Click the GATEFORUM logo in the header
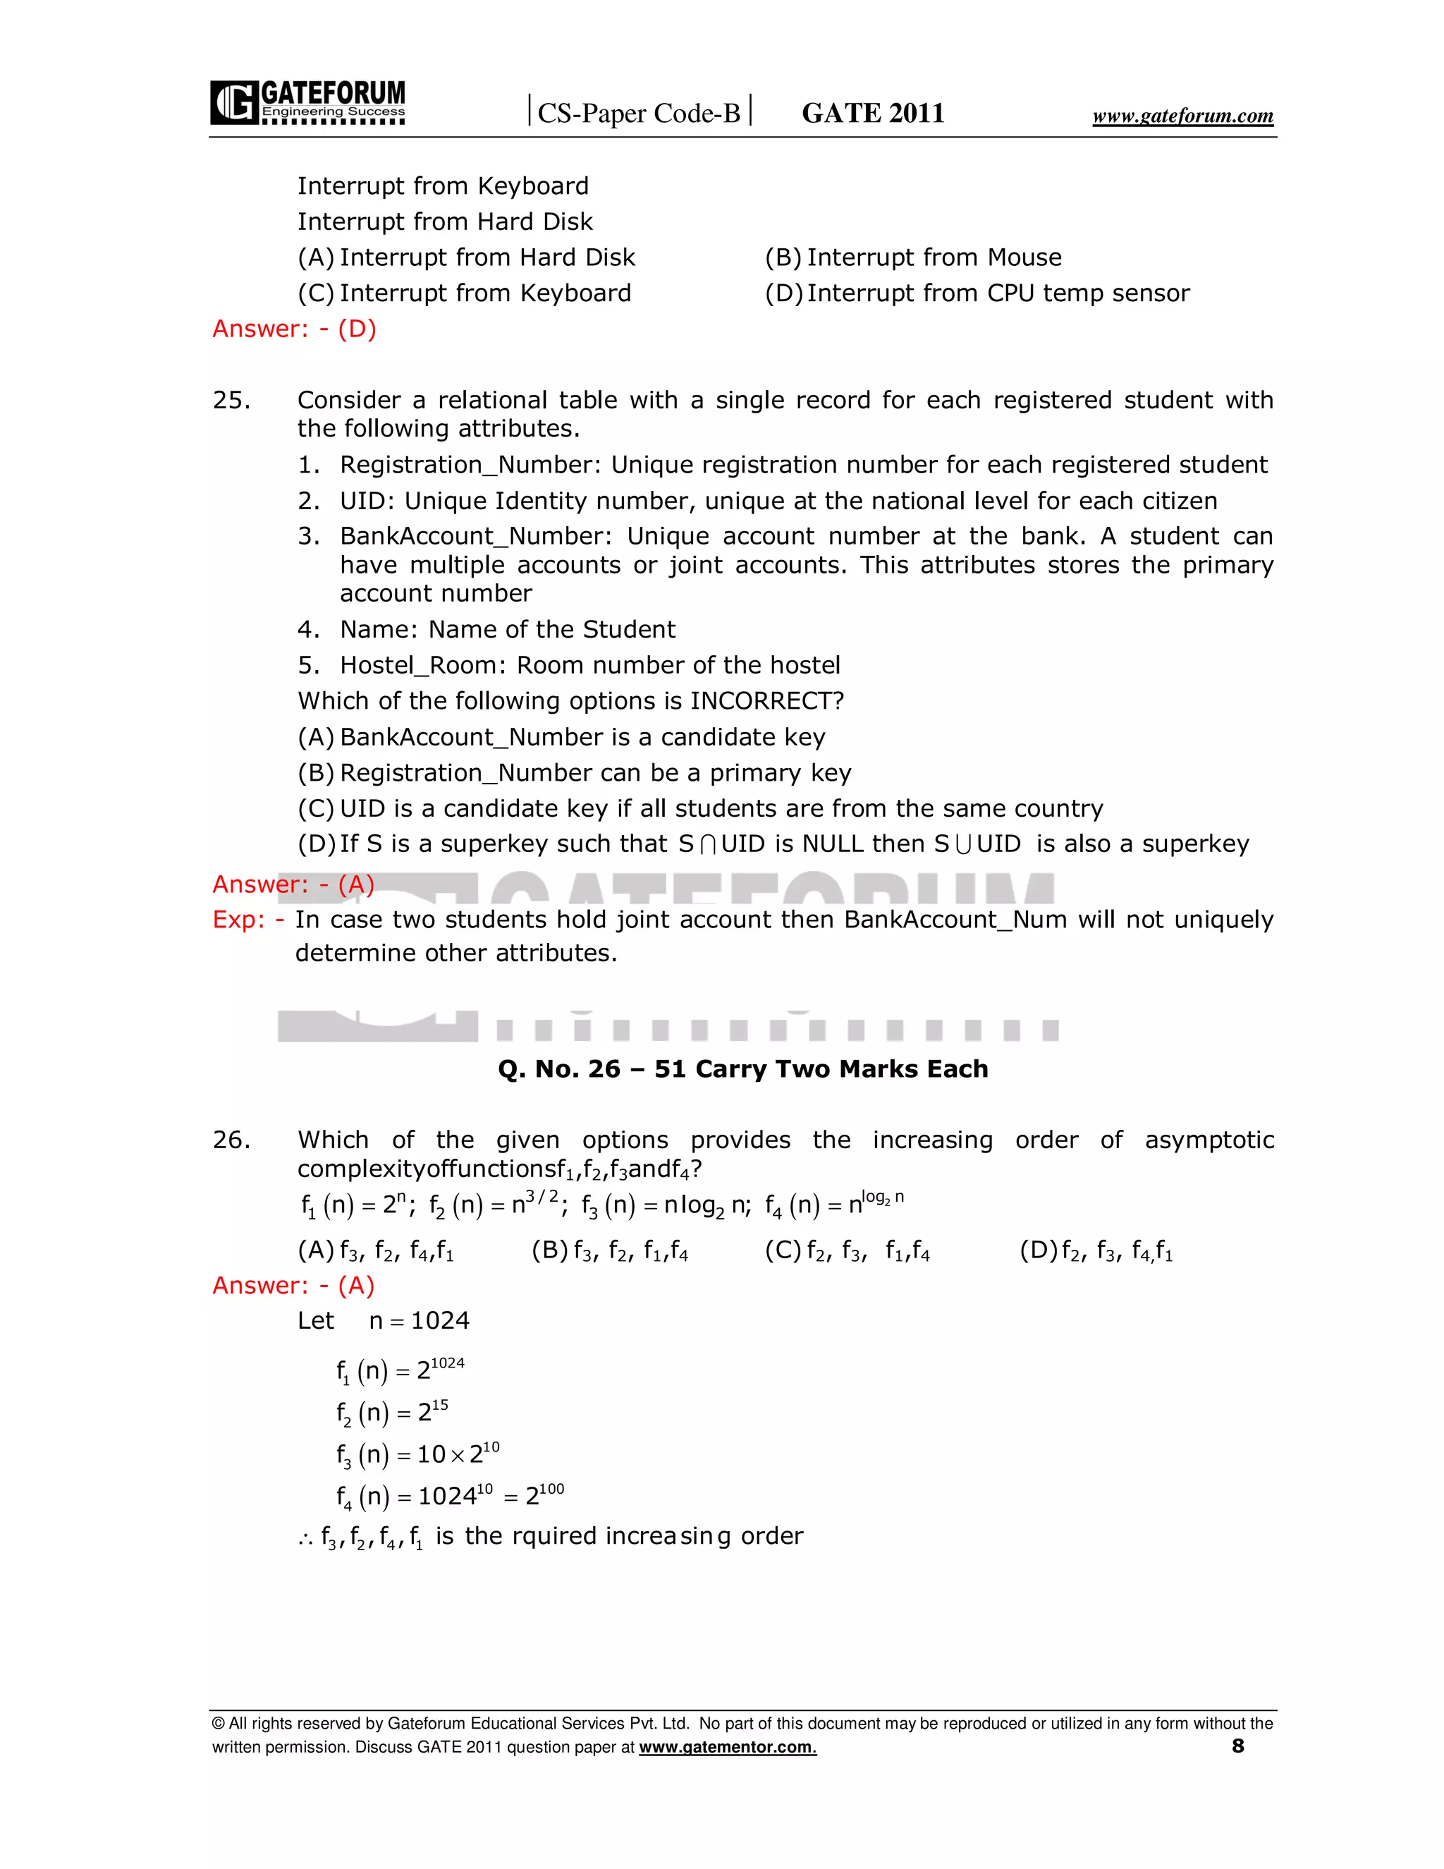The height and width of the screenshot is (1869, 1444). click(x=307, y=103)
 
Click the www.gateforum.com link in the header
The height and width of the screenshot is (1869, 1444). click(x=1182, y=116)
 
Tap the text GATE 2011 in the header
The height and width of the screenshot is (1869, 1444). click(x=873, y=113)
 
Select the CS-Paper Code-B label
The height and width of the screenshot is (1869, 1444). click(x=638, y=113)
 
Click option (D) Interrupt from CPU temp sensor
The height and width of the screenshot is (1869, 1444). click(x=977, y=293)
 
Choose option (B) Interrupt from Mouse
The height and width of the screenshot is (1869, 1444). click(x=913, y=257)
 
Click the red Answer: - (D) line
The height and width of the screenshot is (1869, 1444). click(x=294, y=329)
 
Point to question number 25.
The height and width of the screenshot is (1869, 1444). click(x=231, y=401)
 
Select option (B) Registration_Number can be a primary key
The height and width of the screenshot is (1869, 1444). click(x=574, y=773)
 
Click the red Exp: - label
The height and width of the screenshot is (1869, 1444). click(x=248, y=920)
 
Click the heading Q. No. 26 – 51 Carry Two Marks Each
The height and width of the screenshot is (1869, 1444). click(x=742, y=1069)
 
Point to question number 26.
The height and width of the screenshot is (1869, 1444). click(x=231, y=1140)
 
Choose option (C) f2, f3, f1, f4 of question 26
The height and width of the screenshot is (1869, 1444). click(x=847, y=1251)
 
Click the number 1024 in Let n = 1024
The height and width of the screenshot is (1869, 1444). click(x=440, y=1320)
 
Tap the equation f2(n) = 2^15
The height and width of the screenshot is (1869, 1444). click(x=392, y=1412)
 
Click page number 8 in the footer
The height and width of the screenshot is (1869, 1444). click(x=1237, y=1746)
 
